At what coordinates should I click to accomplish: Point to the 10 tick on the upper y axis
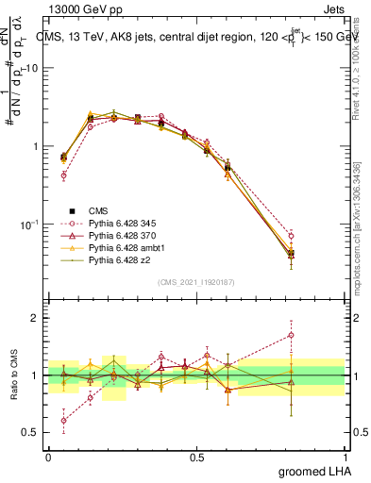(33, 68)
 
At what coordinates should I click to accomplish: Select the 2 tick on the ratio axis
(37, 318)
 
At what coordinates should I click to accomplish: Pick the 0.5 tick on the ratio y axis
(32, 433)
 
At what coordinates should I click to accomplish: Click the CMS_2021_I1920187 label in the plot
(196, 282)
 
